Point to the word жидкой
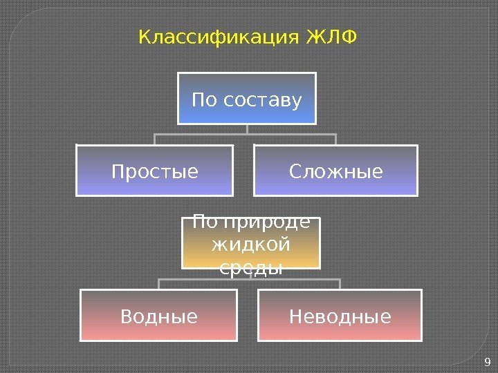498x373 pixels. [251, 245]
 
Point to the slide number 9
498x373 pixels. [488, 362]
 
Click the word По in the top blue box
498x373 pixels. [203, 102]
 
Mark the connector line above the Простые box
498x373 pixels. [155, 139]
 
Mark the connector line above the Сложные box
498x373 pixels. [335, 139]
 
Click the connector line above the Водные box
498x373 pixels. [159, 284]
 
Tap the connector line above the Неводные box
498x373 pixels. [340, 284]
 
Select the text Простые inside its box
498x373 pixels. [154, 171]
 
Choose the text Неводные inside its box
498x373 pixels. [340, 317]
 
